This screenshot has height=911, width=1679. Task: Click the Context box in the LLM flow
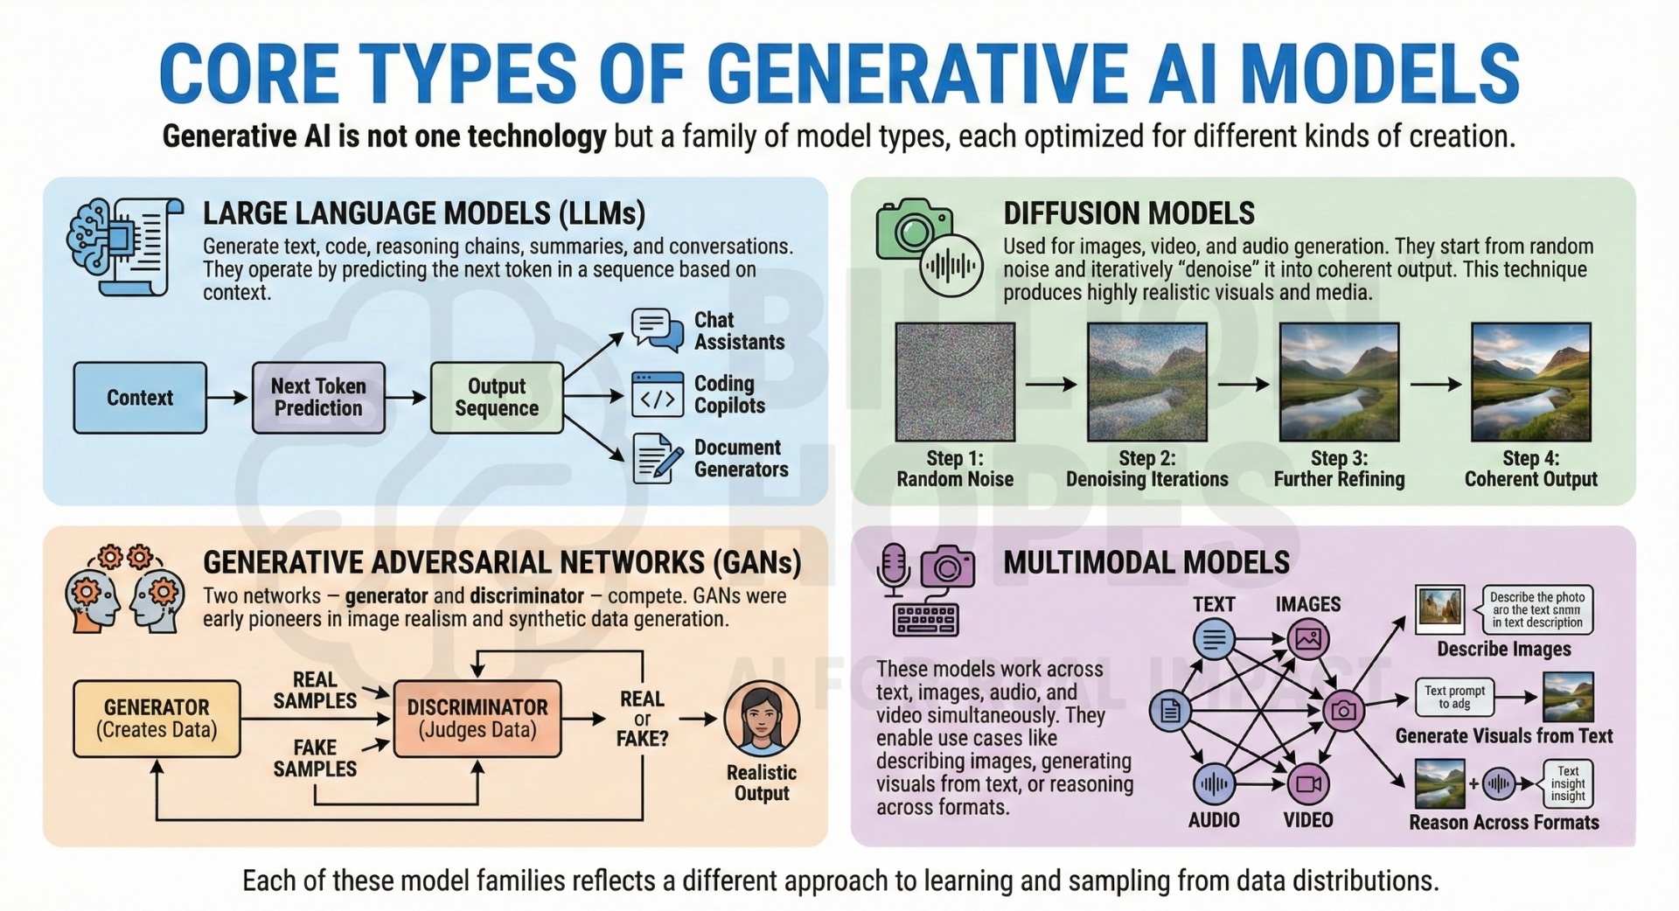[140, 398]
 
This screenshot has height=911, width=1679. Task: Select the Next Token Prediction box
[318, 398]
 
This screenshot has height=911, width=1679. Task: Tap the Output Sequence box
[496, 398]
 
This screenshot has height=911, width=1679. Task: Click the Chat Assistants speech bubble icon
[657, 330]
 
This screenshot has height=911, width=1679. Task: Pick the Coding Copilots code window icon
[657, 395]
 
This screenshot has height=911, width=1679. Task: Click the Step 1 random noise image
[955, 382]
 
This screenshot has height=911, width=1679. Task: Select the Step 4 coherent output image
[1530, 382]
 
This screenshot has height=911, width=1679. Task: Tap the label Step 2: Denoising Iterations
[1146, 469]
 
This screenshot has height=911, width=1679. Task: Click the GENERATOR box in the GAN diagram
[157, 719]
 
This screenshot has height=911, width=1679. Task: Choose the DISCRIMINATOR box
[477, 719]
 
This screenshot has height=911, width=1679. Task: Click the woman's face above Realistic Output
[761, 719]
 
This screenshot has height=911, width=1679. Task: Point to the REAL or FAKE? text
[642, 719]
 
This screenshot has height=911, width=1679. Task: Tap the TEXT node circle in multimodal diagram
[1214, 639]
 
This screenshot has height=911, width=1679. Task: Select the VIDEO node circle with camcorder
[1308, 783]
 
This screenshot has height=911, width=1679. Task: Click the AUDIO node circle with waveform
[1214, 783]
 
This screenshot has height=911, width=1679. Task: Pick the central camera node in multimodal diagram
[1344, 711]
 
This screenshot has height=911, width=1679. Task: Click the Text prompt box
[1454, 697]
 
